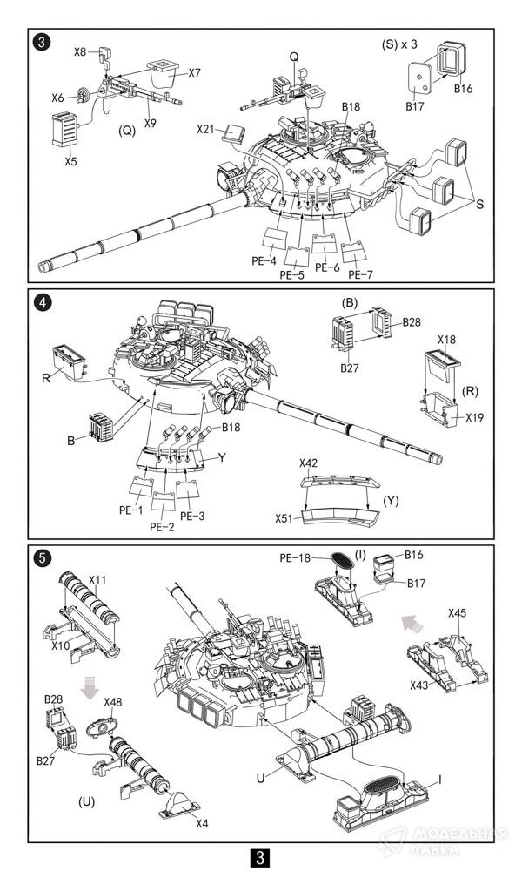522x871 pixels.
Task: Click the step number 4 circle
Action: click(x=43, y=302)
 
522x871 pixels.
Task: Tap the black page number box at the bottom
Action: click(x=260, y=857)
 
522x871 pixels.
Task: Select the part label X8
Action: click(x=80, y=51)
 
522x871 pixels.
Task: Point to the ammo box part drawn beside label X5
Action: click(x=64, y=130)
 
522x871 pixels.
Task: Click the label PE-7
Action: click(x=360, y=275)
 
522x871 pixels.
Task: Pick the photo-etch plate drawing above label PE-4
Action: click(x=274, y=239)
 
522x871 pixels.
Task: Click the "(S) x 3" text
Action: click(x=399, y=44)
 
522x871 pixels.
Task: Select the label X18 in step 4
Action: click(x=446, y=339)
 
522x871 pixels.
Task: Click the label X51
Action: click(x=284, y=518)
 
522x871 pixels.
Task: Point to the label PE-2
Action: click(x=162, y=527)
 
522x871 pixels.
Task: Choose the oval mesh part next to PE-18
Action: click(x=342, y=560)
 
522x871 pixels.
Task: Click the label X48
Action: click(x=113, y=701)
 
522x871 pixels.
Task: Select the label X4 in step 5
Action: click(x=202, y=823)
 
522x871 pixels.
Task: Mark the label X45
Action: click(x=457, y=613)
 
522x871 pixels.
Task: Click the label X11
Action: click(x=97, y=580)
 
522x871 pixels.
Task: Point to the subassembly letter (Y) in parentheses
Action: click(x=391, y=501)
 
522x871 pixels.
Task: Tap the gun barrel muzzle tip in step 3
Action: click(x=42, y=267)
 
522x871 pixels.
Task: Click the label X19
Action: click(x=474, y=417)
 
